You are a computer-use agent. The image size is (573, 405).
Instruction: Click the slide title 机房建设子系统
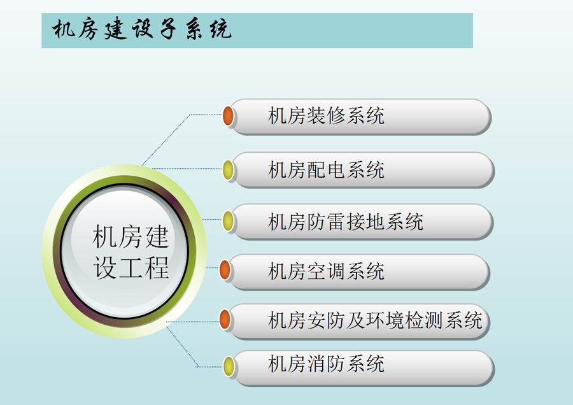coord(142,29)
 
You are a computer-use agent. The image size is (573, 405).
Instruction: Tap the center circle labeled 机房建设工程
coord(125,252)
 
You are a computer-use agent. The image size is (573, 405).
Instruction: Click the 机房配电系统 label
coord(326,170)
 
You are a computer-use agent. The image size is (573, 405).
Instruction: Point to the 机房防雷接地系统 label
coord(346,222)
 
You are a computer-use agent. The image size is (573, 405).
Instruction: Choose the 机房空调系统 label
coord(326,271)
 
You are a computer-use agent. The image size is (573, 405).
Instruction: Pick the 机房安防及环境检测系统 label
coord(375,320)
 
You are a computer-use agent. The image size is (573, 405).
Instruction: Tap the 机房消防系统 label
coord(326,364)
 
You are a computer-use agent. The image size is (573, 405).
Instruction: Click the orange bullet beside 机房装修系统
coord(229,116)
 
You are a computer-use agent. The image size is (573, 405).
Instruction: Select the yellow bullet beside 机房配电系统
coord(229,170)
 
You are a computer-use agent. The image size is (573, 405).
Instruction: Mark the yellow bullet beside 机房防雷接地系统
coord(229,221)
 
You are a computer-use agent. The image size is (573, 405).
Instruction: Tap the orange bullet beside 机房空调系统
coord(225,270)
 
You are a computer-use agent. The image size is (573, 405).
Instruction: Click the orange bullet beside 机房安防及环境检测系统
coord(225,319)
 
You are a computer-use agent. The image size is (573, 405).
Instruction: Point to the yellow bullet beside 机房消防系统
coord(229,366)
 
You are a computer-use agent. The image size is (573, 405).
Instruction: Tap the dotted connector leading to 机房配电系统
coord(187,169)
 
